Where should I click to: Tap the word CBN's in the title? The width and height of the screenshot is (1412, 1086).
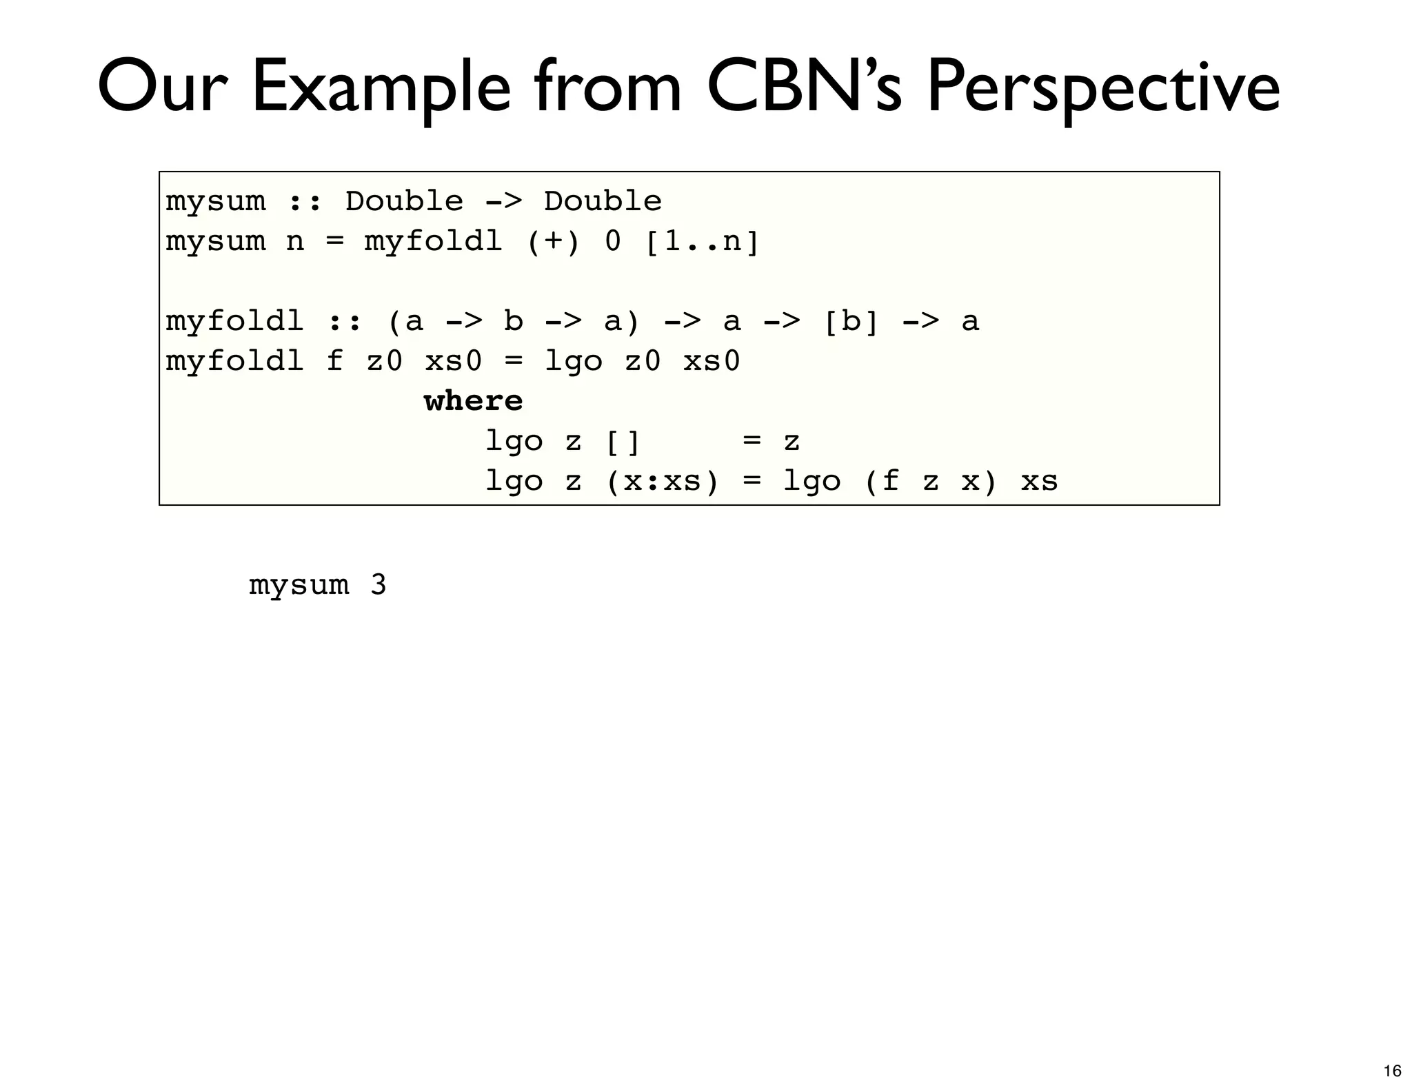tap(803, 88)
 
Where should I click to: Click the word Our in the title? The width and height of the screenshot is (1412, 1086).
tap(163, 88)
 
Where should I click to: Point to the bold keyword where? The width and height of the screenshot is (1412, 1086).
tap(473, 401)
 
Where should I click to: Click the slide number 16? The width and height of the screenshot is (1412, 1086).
tap(1392, 1070)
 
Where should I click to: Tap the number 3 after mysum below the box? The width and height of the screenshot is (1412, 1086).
tap(378, 585)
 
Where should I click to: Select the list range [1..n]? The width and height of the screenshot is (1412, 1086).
tap(702, 242)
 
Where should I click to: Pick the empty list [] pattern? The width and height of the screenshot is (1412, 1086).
tap(623, 442)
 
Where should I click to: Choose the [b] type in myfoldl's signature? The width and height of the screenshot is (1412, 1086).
tap(851, 322)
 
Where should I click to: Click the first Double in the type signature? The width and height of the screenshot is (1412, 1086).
tap(404, 202)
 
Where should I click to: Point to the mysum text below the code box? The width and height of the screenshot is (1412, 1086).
tap(299, 585)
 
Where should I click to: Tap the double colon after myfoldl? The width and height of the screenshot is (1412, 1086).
tap(344, 322)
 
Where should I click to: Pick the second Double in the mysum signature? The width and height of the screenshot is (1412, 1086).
tap(603, 202)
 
